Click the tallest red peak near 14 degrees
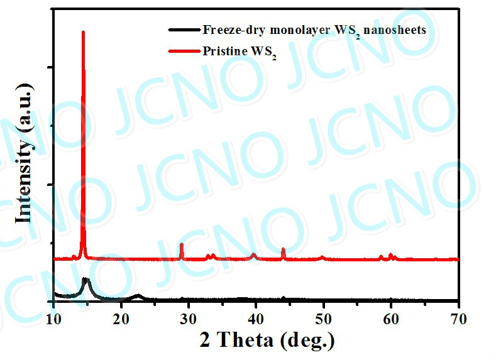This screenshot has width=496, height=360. pos(83,31)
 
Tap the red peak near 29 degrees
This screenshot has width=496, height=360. pos(182,244)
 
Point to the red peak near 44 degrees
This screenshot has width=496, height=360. pos(283,249)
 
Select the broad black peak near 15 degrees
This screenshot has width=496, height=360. pos(86,279)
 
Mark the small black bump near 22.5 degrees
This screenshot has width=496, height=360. pos(138,295)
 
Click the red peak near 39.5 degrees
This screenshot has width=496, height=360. pos(253,254)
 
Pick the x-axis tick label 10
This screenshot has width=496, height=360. pos(53,319)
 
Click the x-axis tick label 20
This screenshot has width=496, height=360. pos(121,319)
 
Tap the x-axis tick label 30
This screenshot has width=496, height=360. pos(188,319)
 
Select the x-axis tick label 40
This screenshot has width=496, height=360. pos(256,319)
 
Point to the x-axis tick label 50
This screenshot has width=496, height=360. pos(323,319)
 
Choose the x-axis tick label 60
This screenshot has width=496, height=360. pos(391,319)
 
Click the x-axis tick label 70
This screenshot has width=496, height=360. pos(458,319)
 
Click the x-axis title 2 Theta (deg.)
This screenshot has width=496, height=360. pos(267,341)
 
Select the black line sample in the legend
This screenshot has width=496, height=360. pos(183,30)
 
